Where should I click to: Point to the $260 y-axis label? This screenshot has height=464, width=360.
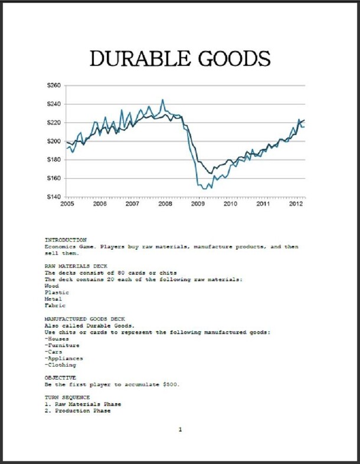point(53,85)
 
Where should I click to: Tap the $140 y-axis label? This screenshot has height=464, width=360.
point(53,196)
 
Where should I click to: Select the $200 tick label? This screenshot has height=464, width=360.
point(53,141)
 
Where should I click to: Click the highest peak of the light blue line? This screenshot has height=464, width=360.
point(163,100)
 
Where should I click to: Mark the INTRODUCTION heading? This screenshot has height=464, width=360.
point(66,240)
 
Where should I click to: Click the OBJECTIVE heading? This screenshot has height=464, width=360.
point(60,377)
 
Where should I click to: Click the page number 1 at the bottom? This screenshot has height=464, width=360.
point(180,430)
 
